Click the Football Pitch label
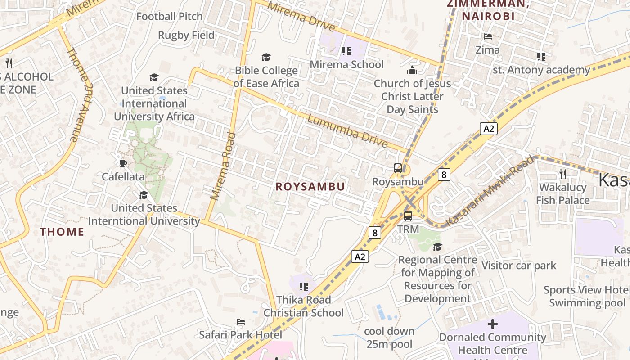(x=170, y=17)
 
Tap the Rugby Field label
(x=186, y=35)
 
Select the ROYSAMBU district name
(x=310, y=187)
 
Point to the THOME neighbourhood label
(x=62, y=232)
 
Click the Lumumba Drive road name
(x=347, y=131)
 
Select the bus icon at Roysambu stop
(x=398, y=168)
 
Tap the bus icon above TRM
(x=408, y=216)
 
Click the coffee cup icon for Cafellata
(x=123, y=163)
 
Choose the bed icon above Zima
(x=487, y=36)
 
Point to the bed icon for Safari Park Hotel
(x=241, y=322)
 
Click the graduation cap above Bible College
(x=266, y=57)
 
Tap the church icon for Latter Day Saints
(x=412, y=70)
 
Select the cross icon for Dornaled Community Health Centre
(x=493, y=324)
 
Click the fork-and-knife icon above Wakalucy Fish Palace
(x=562, y=174)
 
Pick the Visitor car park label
(x=519, y=265)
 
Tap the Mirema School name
(x=347, y=64)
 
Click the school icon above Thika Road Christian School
(x=304, y=286)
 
